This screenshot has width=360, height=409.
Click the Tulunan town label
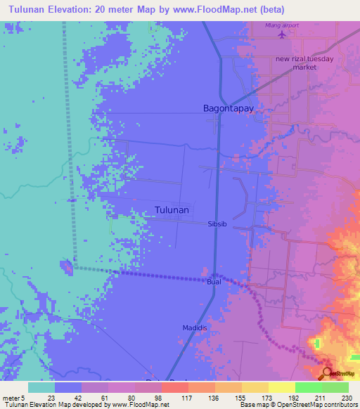pos(172,209)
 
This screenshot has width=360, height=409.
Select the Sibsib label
pos(217,224)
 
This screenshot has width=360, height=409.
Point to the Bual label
pos(214,282)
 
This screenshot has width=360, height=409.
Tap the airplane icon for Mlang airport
pos(283,34)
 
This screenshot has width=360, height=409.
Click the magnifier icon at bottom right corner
pos(328,374)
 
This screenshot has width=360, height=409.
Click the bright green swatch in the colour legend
pos(309,387)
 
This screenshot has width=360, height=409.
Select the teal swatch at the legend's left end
pos(41,387)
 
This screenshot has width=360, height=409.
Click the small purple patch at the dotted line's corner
pos(66,266)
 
